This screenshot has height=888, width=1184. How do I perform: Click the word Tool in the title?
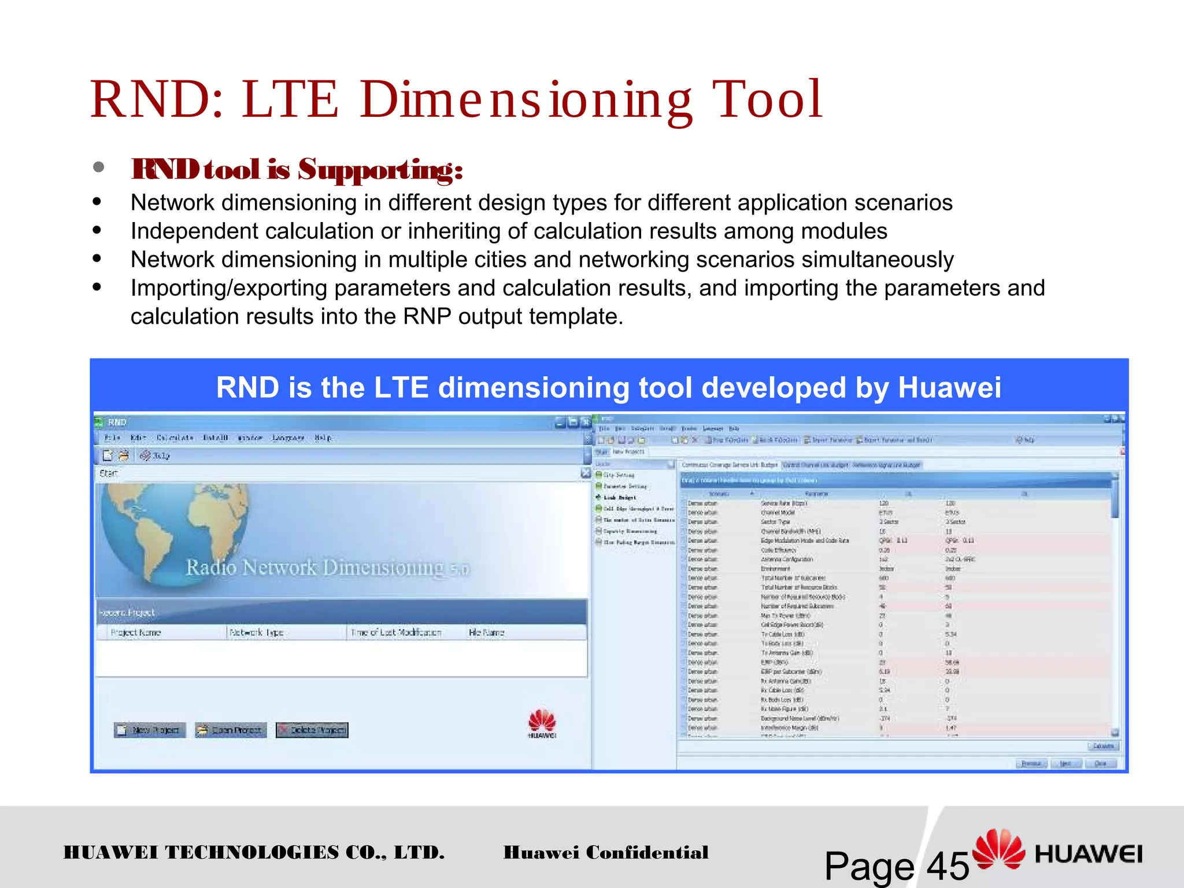(x=767, y=99)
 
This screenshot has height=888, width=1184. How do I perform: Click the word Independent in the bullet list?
(x=194, y=231)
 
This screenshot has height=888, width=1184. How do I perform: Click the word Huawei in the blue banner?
(x=949, y=387)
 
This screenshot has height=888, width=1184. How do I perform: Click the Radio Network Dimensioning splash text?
(x=327, y=568)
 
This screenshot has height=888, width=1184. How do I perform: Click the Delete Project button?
(x=312, y=730)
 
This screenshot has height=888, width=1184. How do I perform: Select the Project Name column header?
(x=136, y=632)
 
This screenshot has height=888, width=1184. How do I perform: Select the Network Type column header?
(x=257, y=632)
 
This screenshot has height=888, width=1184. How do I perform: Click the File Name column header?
(x=486, y=632)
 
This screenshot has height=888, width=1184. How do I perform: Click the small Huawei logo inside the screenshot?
(x=542, y=723)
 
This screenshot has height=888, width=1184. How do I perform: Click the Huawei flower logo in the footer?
(x=998, y=849)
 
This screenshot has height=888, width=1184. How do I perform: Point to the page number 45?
(x=948, y=866)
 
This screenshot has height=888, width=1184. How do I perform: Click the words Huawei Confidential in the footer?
(x=606, y=852)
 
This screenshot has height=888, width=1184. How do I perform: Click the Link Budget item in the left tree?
(x=619, y=497)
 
